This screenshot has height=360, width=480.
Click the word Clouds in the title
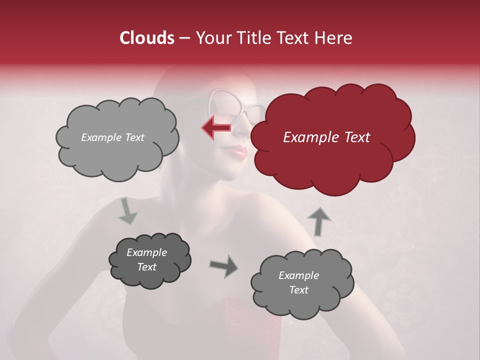(x=147, y=38)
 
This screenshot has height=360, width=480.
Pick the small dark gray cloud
(x=149, y=260)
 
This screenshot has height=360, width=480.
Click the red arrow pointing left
(x=216, y=127)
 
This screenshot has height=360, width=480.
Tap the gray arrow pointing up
(x=318, y=221)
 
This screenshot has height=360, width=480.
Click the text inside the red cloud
(x=326, y=137)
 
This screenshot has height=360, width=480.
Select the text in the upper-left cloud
(x=112, y=137)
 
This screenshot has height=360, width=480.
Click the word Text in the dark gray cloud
(x=147, y=267)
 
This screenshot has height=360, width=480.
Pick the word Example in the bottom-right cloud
(x=298, y=275)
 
